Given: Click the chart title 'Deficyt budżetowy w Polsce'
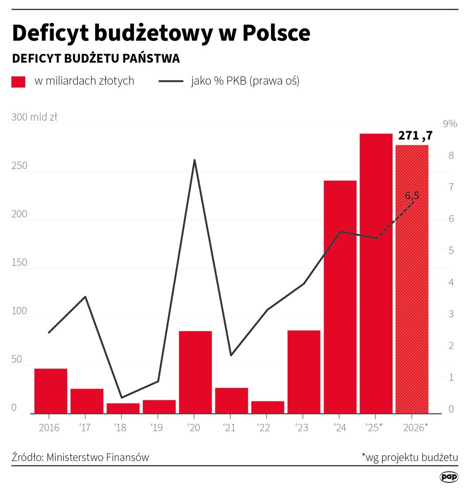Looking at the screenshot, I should click(161, 33).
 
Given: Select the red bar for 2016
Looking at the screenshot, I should click(51, 391).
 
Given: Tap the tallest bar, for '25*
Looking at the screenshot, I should click(376, 273).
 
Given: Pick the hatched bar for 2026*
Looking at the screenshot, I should click(412, 279).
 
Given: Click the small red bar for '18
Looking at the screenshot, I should click(123, 408).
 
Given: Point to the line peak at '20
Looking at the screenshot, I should click(195, 160).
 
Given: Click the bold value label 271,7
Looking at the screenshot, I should click(415, 136).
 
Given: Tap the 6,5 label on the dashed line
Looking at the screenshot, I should click(412, 195).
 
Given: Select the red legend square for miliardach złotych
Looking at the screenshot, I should click(18, 81).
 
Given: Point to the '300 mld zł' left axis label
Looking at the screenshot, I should click(34, 117).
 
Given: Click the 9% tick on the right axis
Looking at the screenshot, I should click(449, 124).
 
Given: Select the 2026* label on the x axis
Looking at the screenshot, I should click(415, 427).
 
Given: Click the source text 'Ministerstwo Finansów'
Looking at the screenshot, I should click(98, 457).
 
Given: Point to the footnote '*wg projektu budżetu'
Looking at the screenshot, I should click(410, 457).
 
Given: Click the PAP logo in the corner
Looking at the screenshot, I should click(448, 477).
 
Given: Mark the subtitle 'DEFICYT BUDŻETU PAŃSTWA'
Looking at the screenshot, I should click(96, 58).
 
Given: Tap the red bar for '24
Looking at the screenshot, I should click(340, 297).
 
